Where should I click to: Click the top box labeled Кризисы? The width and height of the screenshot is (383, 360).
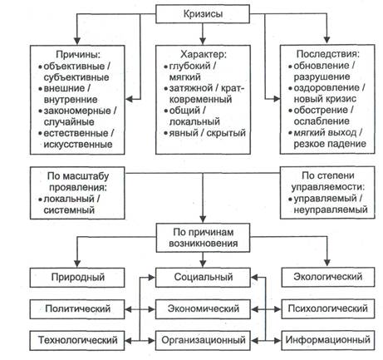tap(203, 14)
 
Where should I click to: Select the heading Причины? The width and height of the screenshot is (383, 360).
tap(78, 54)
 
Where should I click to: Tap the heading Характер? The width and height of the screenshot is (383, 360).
tap(204, 54)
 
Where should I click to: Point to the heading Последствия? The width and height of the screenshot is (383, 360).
tap(328, 54)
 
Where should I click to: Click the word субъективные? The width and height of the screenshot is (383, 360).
tap(76, 77)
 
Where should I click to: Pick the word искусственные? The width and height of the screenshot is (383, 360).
tap(78, 144)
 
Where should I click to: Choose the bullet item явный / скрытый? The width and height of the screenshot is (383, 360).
tap(205, 133)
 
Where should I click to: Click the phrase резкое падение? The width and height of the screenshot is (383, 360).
tap(330, 144)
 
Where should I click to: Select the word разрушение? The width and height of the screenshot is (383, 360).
tap(322, 76)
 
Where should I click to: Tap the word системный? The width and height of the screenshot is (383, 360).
tap(69, 210)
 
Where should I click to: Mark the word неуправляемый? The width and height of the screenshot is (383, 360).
tap(331, 210)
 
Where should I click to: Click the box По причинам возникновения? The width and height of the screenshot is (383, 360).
tap(203, 238)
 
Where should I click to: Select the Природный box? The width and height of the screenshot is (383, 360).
tap(77, 277)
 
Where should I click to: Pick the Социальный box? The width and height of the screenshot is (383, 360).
tap(203, 277)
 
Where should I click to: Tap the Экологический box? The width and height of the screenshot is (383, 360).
tap(328, 277)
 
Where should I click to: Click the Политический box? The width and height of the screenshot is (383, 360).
tap(77, 308)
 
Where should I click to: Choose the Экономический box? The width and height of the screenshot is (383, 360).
tap(203, 308)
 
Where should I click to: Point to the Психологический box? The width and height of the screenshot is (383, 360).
tap(328, 308)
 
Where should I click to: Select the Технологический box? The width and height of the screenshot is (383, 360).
tap(77, 340)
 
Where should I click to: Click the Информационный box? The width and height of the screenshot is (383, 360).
tap(328, 340)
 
